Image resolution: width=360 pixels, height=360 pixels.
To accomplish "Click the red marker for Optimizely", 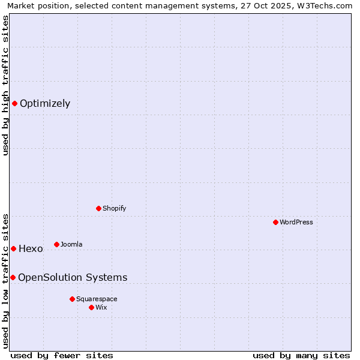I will (14, 103).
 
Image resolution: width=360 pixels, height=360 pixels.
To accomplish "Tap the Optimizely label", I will (45, 103).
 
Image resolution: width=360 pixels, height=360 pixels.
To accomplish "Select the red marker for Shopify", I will (98, 208).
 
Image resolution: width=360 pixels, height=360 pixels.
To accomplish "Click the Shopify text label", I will (114, 208).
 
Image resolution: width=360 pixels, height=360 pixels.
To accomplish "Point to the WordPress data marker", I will (275, 222).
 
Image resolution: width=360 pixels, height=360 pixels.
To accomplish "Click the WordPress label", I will (296, 222).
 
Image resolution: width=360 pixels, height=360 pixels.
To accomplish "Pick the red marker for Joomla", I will (56, 244).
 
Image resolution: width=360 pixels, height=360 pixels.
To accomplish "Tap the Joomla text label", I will (71, 244).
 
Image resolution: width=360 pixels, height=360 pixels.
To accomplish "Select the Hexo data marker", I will (13, 248).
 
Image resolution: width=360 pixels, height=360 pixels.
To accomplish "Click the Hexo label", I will (31, 248).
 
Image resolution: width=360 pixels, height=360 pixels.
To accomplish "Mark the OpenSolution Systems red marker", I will (13, 277).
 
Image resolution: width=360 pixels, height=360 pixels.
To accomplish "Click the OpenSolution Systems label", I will (73, 277).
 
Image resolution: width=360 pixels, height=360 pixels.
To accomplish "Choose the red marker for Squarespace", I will (72, 299).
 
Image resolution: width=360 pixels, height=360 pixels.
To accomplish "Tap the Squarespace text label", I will (97, 299).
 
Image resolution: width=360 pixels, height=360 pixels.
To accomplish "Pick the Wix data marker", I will (91, 307).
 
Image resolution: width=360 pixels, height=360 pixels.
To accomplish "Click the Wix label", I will (101, 307).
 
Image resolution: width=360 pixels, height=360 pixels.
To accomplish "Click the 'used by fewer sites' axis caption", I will (62, 355).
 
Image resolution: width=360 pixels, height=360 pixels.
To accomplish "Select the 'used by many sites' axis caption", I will (301, 355).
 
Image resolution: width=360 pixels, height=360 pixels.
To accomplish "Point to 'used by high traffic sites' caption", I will (5, 85).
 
